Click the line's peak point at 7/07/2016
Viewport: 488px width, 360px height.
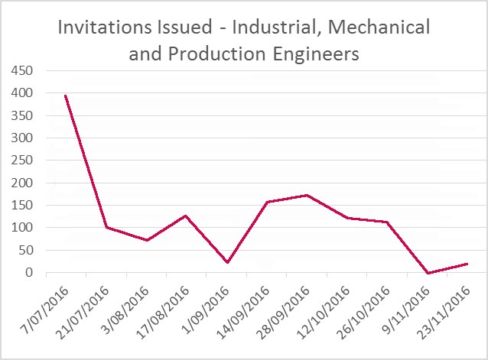click(x=66, y=96)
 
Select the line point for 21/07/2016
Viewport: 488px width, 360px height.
click(x=106, y=227)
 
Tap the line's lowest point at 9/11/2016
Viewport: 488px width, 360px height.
click(x=428, y=273)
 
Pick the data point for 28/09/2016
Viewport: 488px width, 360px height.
click(x=307, y=195)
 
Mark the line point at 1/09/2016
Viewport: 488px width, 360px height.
click(x=226, y=262)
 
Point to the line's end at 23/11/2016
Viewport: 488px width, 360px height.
click(x=467, y=264)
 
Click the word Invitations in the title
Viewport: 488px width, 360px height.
click(x=106, y=28)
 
